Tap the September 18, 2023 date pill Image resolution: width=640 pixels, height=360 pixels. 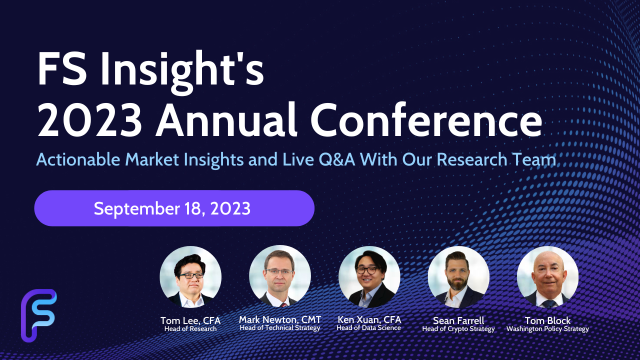pos(174,208)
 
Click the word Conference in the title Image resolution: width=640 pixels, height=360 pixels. pos(426,120)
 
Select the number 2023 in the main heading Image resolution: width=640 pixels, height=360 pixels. pos(89,120)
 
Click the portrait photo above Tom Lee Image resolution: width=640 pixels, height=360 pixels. pos(190,277)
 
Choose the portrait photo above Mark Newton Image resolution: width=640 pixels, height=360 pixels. pos(279,276)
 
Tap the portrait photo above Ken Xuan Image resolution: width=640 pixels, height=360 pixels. pos(369,277)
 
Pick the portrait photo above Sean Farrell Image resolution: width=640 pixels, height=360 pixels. pos(458,277)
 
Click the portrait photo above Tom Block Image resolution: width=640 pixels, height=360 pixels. pos(547,277)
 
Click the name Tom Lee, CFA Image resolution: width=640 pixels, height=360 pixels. pos(190,320)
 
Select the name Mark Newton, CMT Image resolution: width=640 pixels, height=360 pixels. pos(280,319)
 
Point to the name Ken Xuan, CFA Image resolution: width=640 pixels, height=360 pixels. pos(369,319)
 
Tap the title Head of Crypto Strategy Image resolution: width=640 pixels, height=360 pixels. pos(458,329)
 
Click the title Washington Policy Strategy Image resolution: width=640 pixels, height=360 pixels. pos(547,329)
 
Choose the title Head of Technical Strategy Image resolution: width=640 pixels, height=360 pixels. pos(280,327)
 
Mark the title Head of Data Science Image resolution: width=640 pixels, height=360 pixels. pos(369,327)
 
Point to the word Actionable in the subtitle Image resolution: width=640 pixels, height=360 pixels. pos(78,159)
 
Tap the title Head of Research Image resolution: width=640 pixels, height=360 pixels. pos(190,329)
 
